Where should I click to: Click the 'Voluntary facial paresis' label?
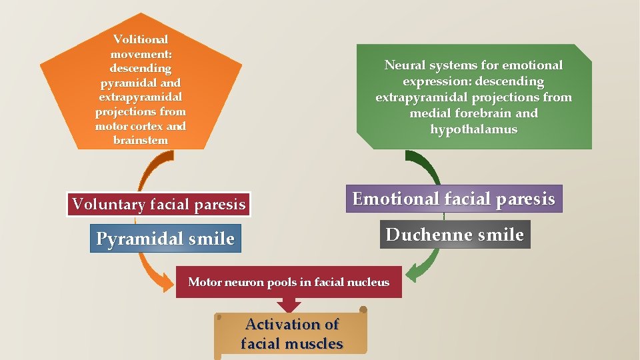coord(159,205)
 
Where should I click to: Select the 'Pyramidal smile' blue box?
coord(165,239)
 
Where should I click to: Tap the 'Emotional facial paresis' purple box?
coord(453,199)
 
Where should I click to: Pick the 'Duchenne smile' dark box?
coord(455,235)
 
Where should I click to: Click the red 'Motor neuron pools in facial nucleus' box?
coord(289,282)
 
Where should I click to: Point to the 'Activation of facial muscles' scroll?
coord(292,334)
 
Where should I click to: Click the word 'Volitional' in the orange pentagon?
coord(141,39)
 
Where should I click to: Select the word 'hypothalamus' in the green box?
coord(473,129)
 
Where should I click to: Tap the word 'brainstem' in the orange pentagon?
coord(141,140)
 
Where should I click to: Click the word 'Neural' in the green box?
coord(404,65)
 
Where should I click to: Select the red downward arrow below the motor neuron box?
coord(289,305)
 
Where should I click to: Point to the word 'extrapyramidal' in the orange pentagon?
coord(141,97)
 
